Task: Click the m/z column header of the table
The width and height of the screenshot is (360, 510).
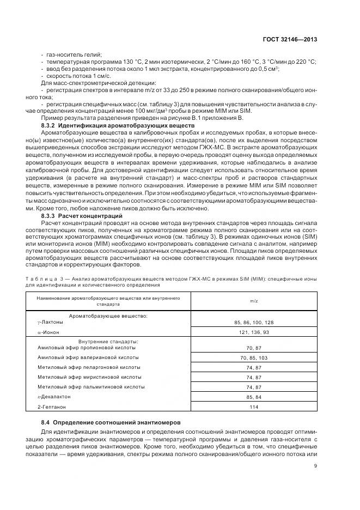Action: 254,301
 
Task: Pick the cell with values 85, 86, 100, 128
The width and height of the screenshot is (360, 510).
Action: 254,323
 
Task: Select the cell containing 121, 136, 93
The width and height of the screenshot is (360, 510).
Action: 254,331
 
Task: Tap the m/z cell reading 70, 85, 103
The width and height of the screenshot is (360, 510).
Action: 254,357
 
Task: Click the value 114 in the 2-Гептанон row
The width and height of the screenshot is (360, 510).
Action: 254,406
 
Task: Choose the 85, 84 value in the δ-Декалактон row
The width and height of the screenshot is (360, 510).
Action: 254,397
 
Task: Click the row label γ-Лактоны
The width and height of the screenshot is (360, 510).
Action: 51,322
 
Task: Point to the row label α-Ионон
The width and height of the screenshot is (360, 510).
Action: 49,331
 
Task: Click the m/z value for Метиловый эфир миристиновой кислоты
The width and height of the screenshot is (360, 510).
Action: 254,377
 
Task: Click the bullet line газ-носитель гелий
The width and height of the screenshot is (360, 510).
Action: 72,55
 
